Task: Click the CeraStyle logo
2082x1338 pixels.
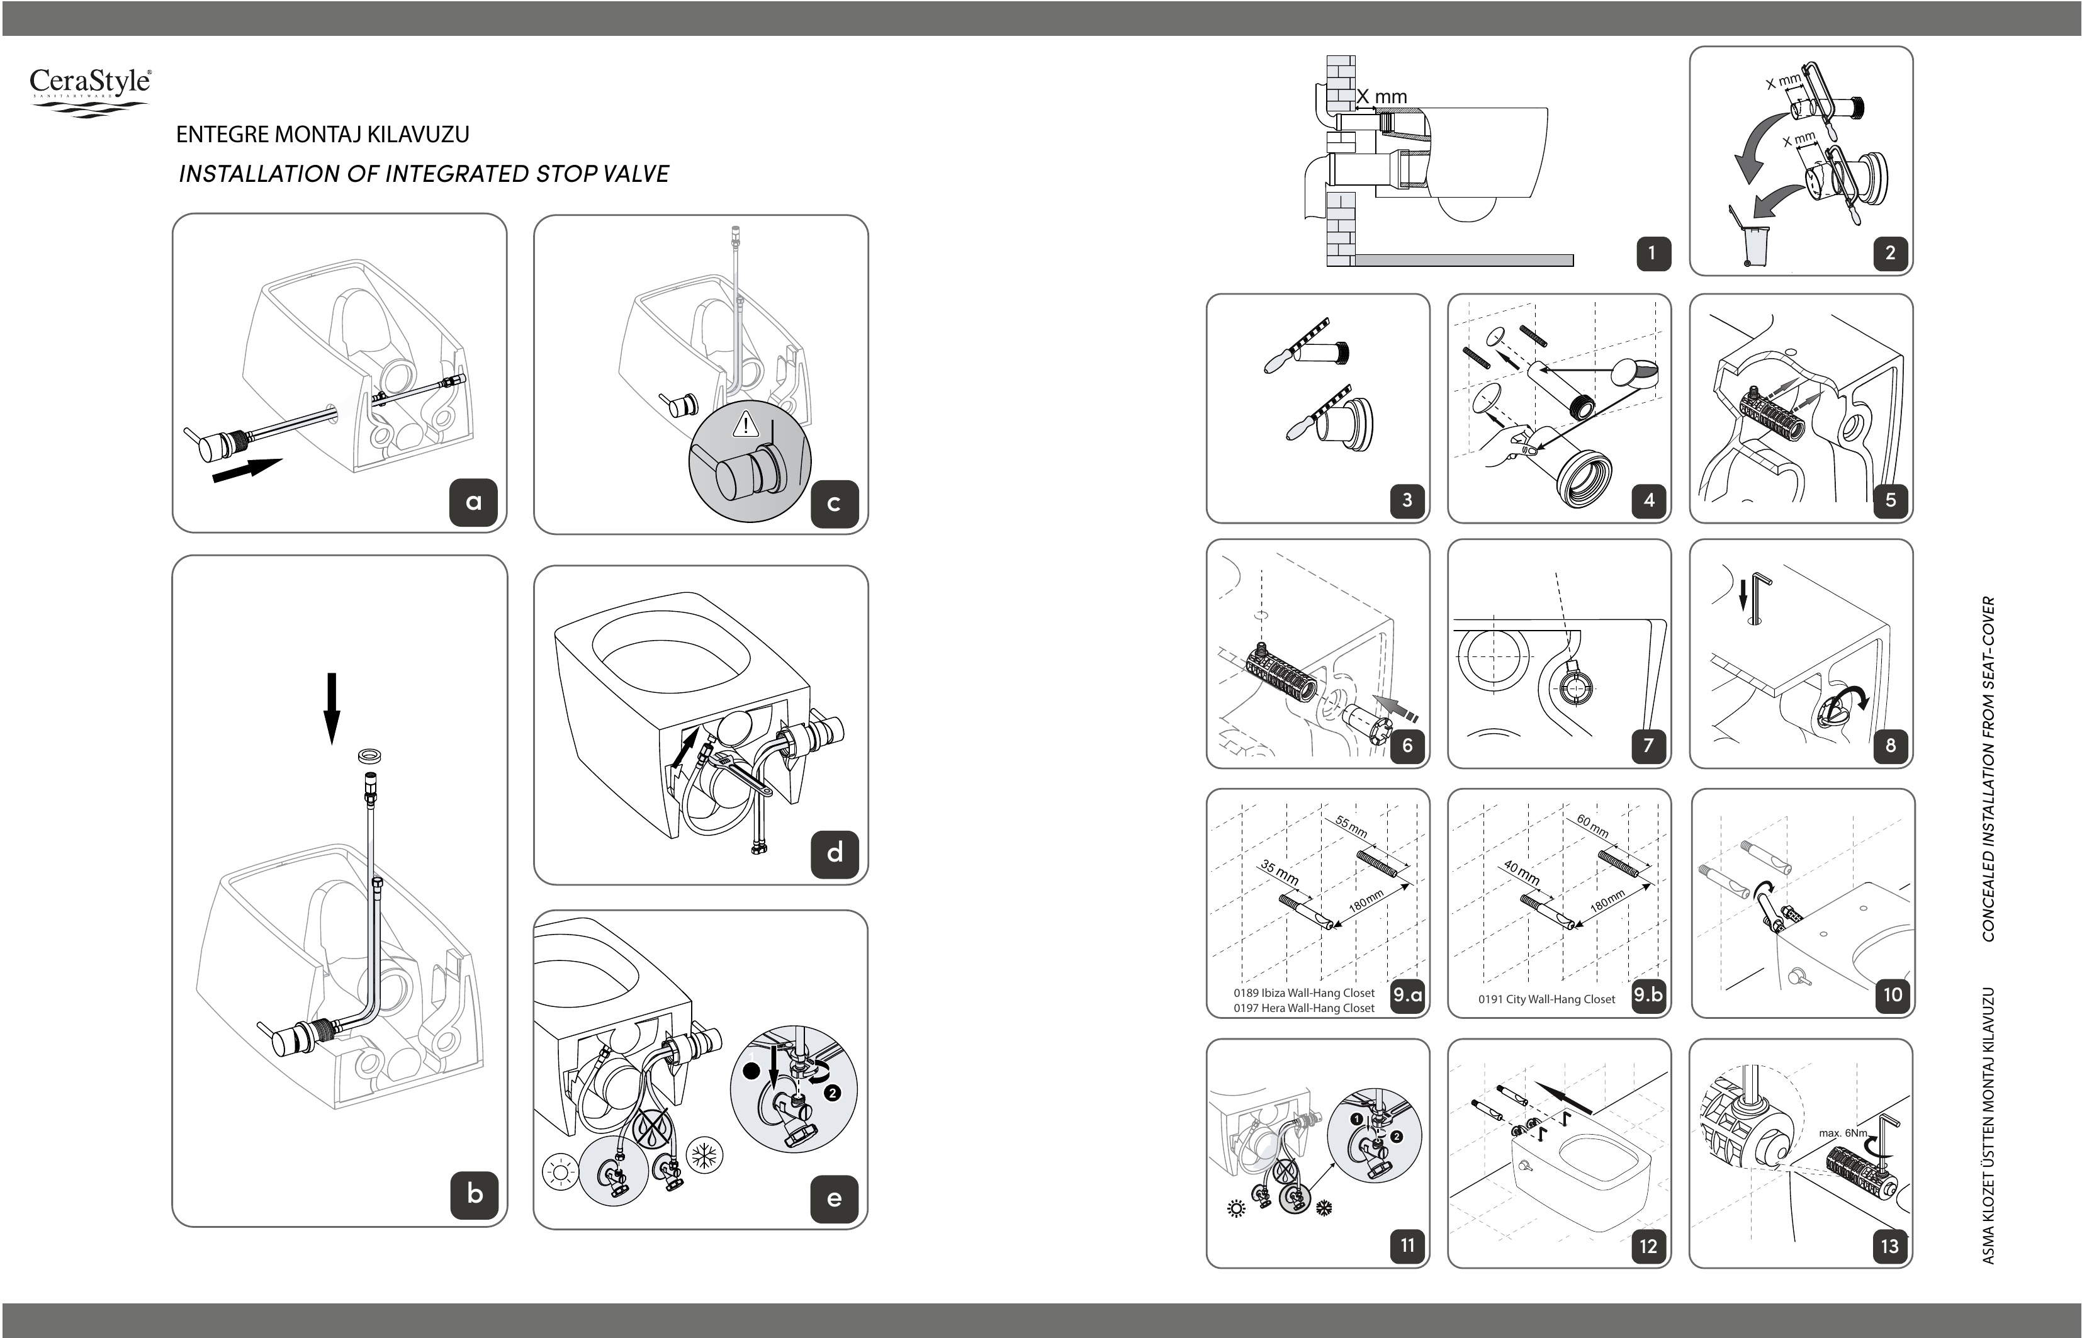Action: point(91,91)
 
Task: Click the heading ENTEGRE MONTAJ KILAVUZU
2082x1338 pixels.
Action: point(322,135)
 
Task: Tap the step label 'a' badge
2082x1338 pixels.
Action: point(473,502)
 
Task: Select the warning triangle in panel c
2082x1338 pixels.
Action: point(746,425)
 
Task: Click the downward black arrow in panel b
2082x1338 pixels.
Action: point(331,708)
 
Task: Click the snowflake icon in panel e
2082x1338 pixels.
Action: point(705,1155)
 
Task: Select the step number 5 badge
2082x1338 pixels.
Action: point(1890,500)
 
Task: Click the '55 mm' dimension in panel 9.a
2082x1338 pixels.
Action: point(1351,827)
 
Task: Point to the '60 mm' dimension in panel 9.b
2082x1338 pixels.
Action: point(1593,826)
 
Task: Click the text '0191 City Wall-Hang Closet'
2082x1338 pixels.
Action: point(1547,999)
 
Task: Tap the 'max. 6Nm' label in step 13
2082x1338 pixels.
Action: point(1843,1133)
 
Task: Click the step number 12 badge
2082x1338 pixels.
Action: point(1648,1246)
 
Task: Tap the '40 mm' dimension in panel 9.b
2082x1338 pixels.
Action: point(1522,873)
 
